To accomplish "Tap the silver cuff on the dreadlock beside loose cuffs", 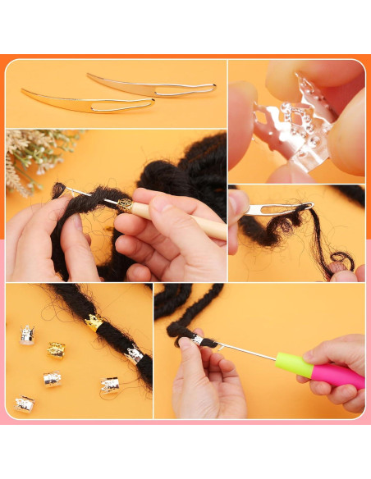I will click(x=133, y=354).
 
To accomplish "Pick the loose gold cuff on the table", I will click(x=56, y=349).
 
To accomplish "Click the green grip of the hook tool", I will click(x=293, y=364).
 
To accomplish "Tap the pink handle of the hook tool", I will click(x=338, y=375).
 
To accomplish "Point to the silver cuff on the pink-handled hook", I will click(x=197, y=340).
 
